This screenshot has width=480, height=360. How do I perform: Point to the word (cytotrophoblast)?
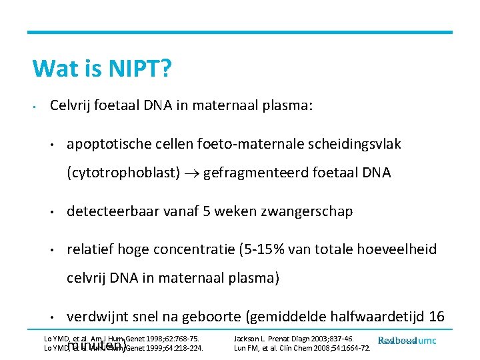tap(123, 173)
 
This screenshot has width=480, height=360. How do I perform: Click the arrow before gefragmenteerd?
tap(192, 173)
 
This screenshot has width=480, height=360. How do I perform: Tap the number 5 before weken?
tap(207, 211)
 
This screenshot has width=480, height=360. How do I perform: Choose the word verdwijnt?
tap(95, 316)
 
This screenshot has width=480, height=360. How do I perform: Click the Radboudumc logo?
tap(407, 341)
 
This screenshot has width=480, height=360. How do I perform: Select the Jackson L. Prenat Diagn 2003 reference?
tap(293, 339)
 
